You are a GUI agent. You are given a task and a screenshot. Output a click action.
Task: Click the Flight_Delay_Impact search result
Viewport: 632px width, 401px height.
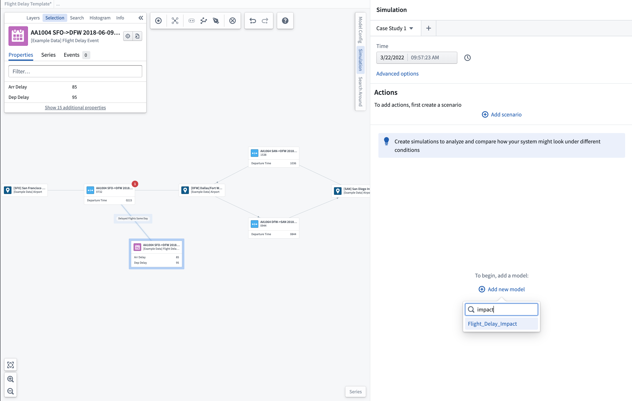(492, 324)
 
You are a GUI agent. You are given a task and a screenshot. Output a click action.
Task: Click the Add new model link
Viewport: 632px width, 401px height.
(502, 289)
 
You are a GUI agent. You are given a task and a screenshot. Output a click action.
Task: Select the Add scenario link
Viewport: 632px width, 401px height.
(502, 114)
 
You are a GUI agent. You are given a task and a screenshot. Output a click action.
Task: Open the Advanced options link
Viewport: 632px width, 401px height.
(397, 74)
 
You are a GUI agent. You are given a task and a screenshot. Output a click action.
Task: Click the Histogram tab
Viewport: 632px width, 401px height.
(100, 18)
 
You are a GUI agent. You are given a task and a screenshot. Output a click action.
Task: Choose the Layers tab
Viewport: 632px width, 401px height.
(33, 18)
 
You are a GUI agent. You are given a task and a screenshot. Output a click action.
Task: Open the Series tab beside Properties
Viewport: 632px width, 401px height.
(48, 55)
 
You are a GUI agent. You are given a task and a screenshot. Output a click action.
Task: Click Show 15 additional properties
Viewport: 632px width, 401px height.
(75, 107)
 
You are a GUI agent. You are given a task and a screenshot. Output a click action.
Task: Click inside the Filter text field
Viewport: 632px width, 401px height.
(75, 71)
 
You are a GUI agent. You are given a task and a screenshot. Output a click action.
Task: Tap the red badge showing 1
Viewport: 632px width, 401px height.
(135, 184)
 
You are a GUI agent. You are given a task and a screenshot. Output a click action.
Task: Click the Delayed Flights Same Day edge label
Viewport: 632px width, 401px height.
(133, 218)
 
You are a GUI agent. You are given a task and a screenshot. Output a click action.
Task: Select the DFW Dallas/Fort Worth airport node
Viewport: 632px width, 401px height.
(202, 190)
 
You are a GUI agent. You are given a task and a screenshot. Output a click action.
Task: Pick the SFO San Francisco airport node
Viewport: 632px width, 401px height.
(25, 190)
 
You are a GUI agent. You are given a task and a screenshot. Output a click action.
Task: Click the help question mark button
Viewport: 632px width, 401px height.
(285, 20)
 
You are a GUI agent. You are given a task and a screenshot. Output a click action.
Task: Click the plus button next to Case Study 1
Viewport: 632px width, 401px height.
(428, 28)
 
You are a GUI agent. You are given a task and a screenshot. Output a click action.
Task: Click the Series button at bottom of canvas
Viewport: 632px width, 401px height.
(355, 391)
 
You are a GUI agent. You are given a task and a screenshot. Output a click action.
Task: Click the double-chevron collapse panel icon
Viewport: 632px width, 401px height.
(141, 18)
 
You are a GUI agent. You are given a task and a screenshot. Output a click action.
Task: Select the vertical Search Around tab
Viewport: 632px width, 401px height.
(360, 92)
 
